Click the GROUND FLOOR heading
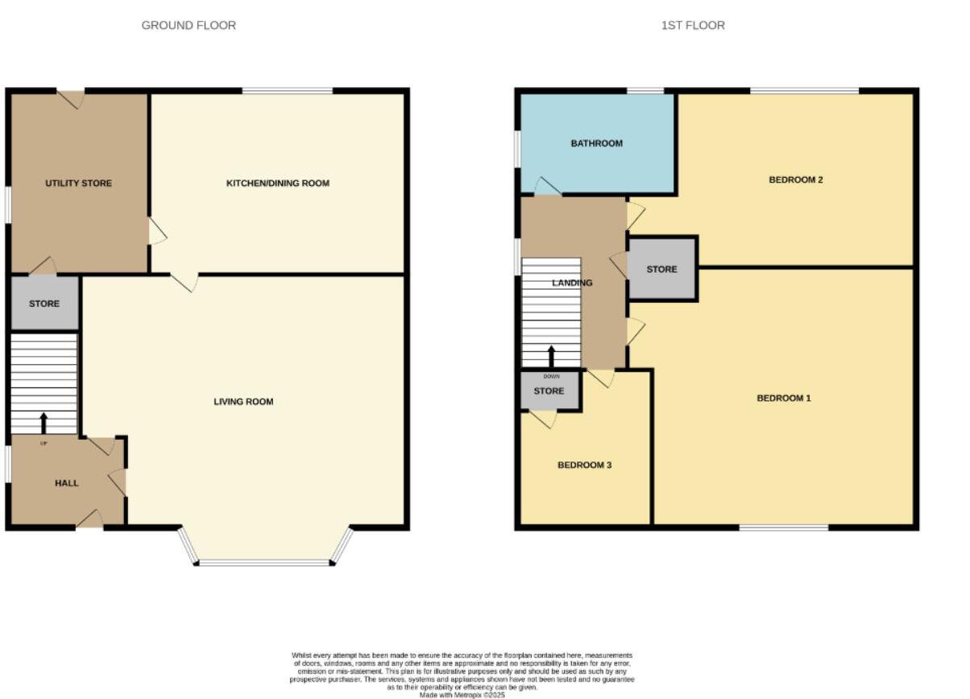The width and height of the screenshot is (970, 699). (x=189, y=26)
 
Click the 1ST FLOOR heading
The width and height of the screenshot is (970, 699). (x=693, y=26)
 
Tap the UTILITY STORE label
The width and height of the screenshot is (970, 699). (x=78, y=184)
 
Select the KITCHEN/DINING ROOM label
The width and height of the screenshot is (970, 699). (x=278, y=184)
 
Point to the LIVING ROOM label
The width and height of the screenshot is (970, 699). (x=243, y=402)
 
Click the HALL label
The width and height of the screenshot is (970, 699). (x=67, y=483)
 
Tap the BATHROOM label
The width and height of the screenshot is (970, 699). (x=597, y=144)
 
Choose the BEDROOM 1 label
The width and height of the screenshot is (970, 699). (x=784, y=399)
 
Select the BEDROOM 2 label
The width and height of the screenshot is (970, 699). (x=796, y=180)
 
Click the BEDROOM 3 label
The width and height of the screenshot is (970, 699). (x=585, y=465)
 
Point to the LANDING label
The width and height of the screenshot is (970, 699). (x=572, y=283)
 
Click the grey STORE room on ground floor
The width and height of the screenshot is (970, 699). (x=44, y=304)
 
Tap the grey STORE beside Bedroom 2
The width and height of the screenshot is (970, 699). (x=661, y=270)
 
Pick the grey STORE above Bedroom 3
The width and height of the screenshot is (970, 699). (x=549, y=392)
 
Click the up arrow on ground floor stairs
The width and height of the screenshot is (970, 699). (x=44, y=423)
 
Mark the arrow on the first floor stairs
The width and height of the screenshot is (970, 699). (x=551, y=356)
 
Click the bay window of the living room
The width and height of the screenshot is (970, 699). (x=264, y=562)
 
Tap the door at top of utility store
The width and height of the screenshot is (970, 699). (x=71, y=98)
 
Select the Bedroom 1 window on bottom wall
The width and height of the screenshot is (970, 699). (x=784, y=527)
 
